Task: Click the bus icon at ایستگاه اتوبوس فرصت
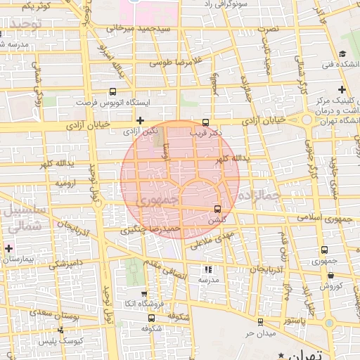[x=112, y=91]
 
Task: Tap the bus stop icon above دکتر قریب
[x=205, y=121]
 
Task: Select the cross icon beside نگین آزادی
[x=141, y=120]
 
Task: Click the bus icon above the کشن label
[x=217, y=209]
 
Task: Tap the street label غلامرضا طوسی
[x=178, y=62]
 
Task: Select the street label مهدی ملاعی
[x=211, y=239]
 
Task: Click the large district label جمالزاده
[x=259, y=193]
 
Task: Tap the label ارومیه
[x=65, y=183]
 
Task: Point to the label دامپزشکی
[x=67, y=264]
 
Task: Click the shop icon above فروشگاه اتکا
[x=144, y=294]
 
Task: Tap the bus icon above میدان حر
[x=261, y=322]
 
